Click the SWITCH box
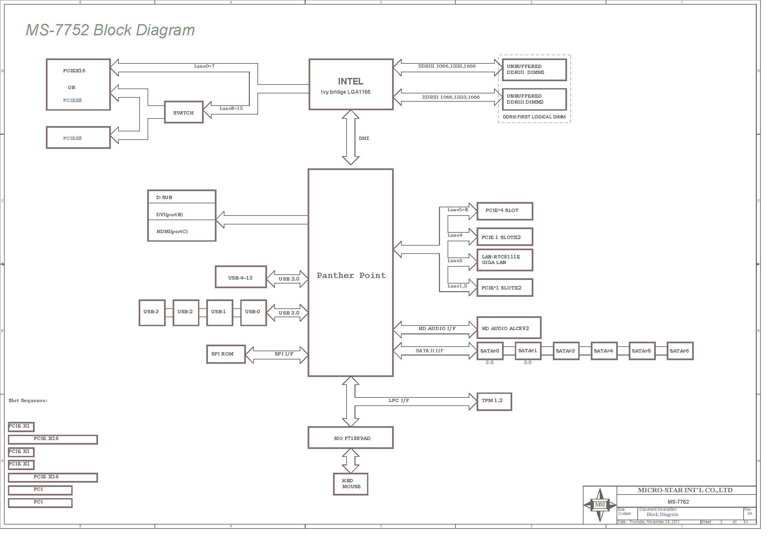click(x=184, y=112)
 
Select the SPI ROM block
click(x=226, y=354)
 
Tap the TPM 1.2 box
click(x=494, y=401)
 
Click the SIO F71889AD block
click(x=351, y=438)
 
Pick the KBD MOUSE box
click(x=351, y=484)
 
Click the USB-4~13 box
click(x=241, y=277)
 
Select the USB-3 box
click(x=152, y=313)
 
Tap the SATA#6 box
click(x=680, y=351)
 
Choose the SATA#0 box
click(x=490, y=351)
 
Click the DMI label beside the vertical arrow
click(x=364, y=138)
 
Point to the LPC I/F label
click(x=399, y=400)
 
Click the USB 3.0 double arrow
click(x=287, y=313)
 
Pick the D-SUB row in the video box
click(x=182, y=197)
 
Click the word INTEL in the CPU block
click(x=351, y=81)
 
